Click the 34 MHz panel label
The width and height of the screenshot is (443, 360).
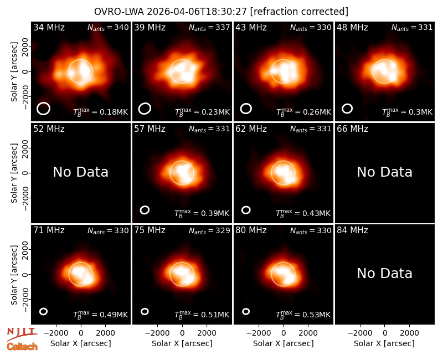point(49,27)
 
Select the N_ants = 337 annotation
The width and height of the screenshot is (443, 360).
point(209,28)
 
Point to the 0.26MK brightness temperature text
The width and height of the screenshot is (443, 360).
point(303,112)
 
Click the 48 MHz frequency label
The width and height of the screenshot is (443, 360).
point(352,27)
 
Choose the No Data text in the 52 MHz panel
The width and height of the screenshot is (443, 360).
point(80,172)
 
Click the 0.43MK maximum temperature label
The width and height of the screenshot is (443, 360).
point(303,213)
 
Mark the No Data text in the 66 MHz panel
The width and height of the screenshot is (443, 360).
point(384,172)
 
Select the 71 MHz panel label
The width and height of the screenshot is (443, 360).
point(49,230)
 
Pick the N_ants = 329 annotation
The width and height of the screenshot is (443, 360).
point(209,230)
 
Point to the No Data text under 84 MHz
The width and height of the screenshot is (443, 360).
point(384,274)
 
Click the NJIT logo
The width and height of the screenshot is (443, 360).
point(22,334)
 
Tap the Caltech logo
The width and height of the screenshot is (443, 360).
point(22,347)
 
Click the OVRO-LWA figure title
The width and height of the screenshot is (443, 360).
point(221,12)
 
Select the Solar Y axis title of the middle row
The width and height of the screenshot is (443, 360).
point(14,173)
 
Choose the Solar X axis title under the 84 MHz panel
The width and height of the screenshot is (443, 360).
point(384,343)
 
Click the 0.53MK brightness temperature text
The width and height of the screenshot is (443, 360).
point(303,315)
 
